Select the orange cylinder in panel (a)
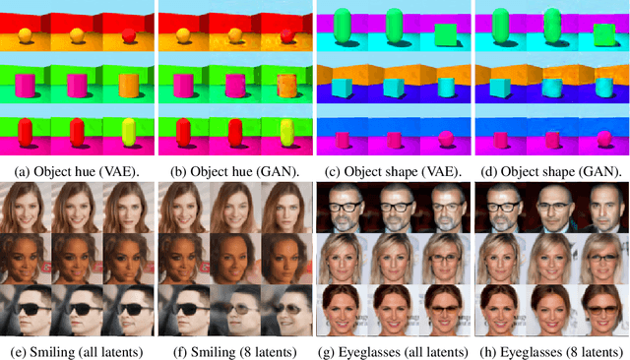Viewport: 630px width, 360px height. pos(128,87)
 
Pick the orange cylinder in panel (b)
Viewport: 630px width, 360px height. pos(286,87)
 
